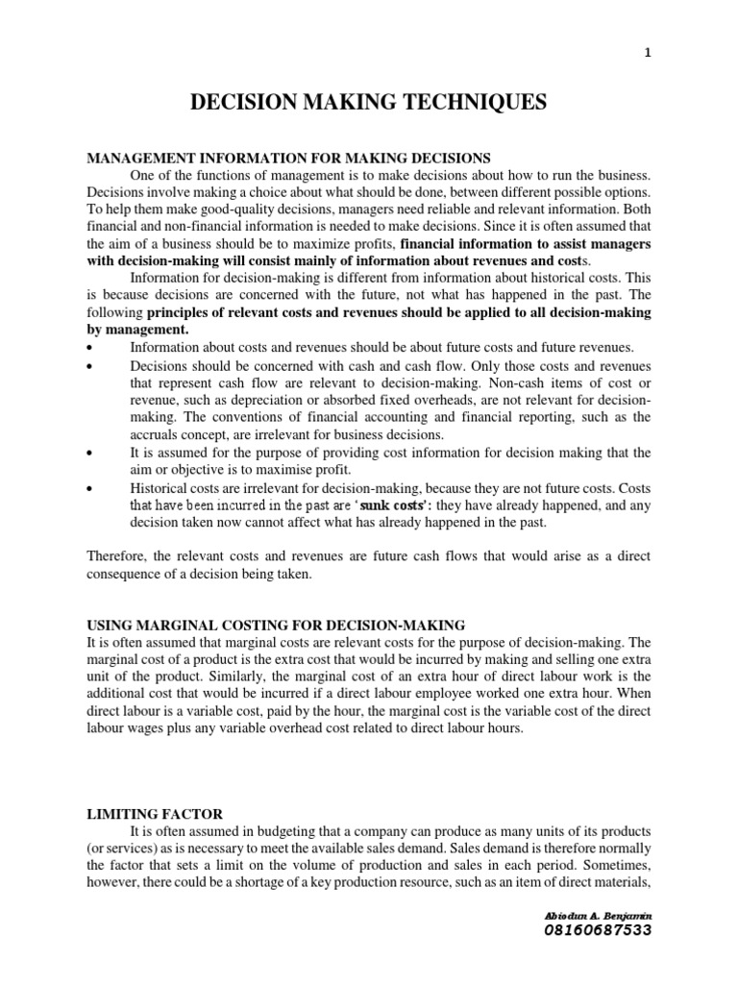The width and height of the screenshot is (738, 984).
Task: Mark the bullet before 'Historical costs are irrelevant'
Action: tap(89, 489)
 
